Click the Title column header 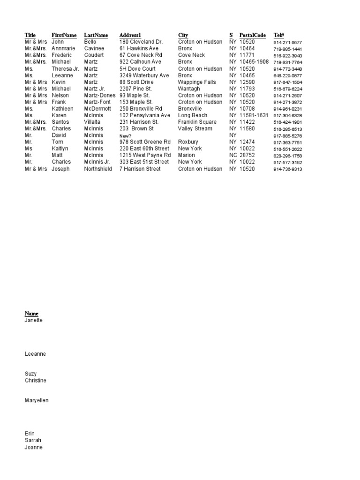(x=30, y=35)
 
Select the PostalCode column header (x=253, y=35)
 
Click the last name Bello (x=90, y=42)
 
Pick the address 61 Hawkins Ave (x=139, y=48)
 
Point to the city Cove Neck (x=191, y=55)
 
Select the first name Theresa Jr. (x=65, y=68)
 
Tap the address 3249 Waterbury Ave (x=144, y=75)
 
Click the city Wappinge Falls (x=197, y=82)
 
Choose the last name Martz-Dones (x=100, y=95)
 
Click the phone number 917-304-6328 (x=287, y=115)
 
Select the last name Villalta (x=93, y=122)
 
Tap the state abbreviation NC (x=233, y=155)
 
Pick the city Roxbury (x=188, y=142)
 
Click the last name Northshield (x=98, y=169)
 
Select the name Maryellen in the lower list (x=36, y=400)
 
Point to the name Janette (x=33, y=320)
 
